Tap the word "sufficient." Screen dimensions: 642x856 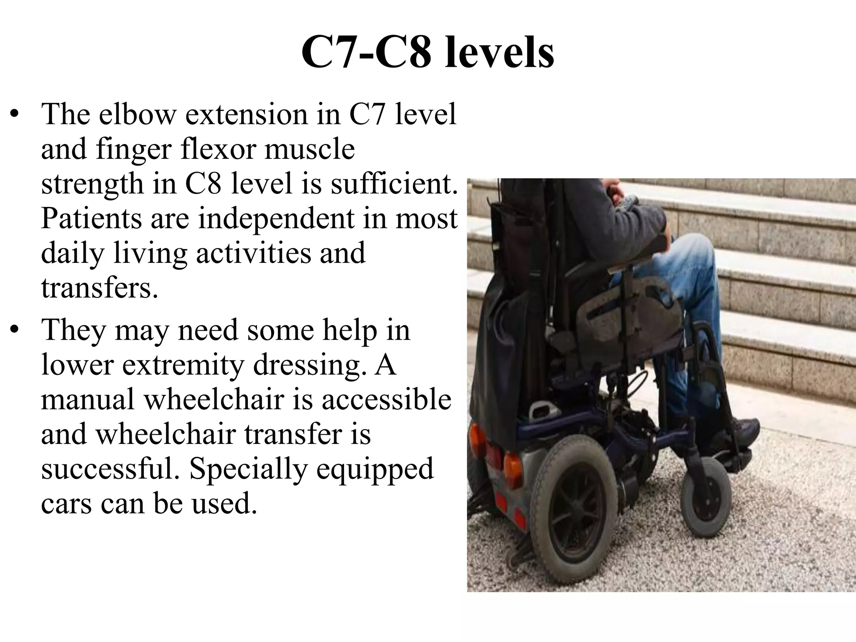[394, 184]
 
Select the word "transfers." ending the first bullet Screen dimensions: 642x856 [99, 288]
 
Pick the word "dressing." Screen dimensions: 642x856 [307, 365]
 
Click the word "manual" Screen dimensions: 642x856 [88, 399]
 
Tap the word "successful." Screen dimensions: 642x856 [112, 469]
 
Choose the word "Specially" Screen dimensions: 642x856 [249, 469]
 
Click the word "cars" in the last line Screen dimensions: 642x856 [66, 504]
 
